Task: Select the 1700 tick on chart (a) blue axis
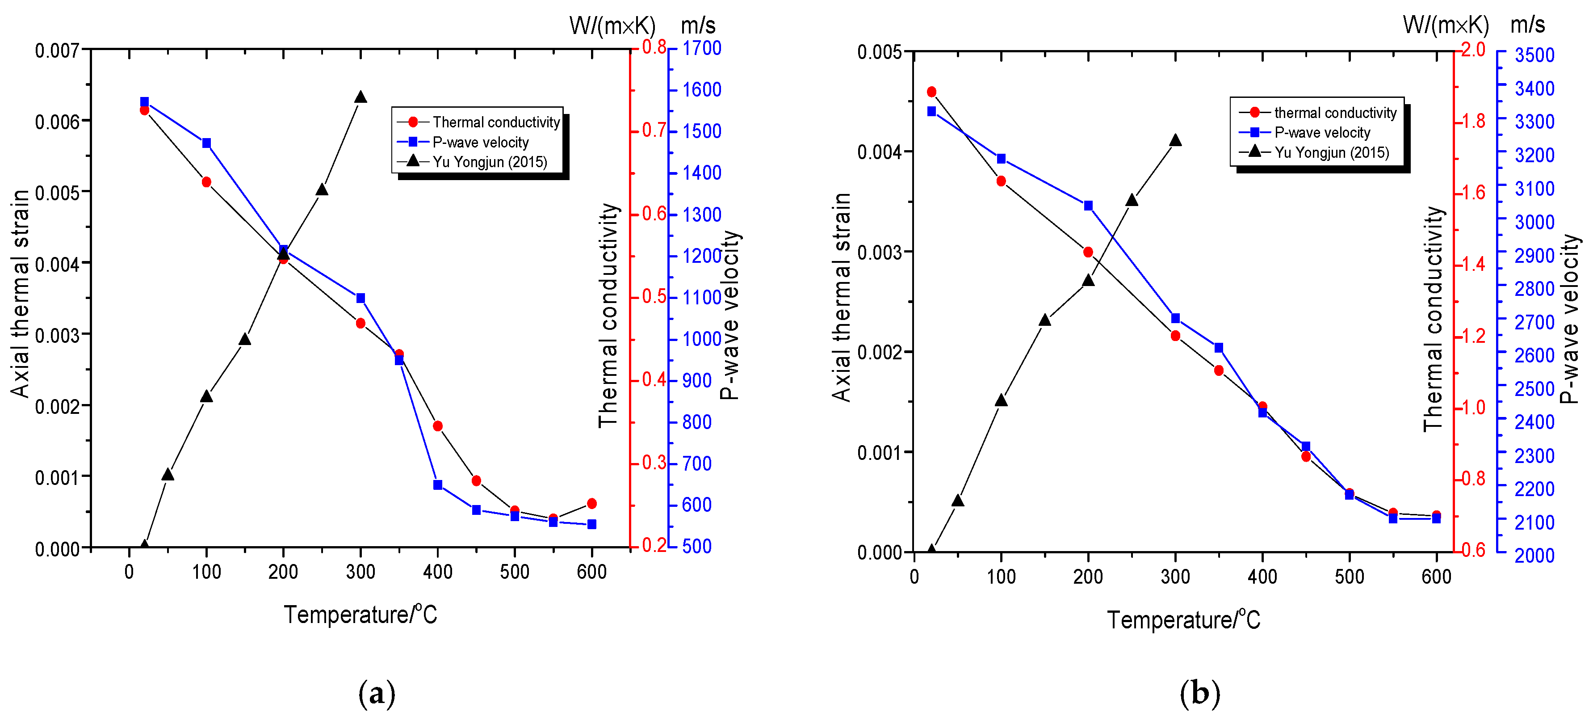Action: [701, 48]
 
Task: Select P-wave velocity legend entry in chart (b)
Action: [1321, 132]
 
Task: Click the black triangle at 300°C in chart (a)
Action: [361, 97]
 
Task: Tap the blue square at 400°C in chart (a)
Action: [437, 485]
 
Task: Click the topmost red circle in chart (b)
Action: [931, 92]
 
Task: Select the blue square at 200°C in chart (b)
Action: [1088, 205]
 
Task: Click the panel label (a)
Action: [377, 693]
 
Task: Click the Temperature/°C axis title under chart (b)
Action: [1182, 619]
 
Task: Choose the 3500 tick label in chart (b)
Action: [1534, 55]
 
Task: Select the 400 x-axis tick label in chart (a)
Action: [437, 572]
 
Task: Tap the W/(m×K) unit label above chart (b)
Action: [1445, 25]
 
